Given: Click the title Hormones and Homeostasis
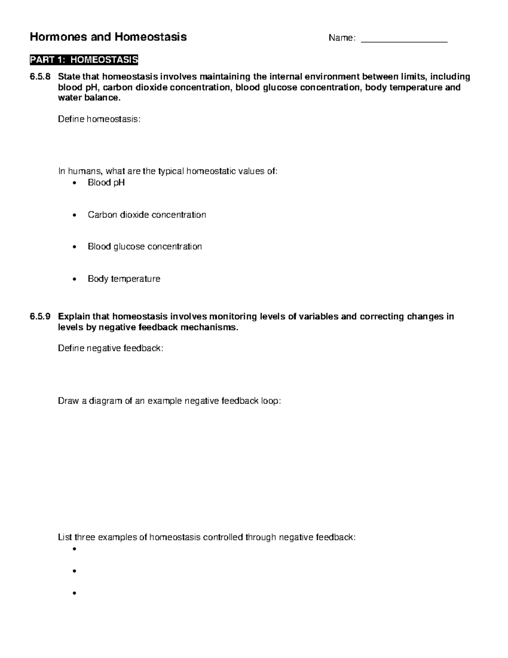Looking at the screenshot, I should [108, 37].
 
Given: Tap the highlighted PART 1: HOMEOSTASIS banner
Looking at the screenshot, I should [84, 60].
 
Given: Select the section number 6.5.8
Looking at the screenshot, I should [40, 77].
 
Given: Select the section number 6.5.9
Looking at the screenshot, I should [40, 317].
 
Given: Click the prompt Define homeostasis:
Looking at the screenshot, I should [99, 119].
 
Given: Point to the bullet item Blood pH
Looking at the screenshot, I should [106, 183].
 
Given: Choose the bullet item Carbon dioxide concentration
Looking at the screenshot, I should [146, 215].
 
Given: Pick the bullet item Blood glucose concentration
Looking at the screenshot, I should [144, 247].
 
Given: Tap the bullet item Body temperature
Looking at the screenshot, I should [124, 279].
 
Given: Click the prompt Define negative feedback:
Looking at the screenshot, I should [110, 348].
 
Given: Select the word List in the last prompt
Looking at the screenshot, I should [65, 537].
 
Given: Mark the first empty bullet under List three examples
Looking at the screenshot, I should [75, 549].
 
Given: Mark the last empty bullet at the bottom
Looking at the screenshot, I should [75, 593].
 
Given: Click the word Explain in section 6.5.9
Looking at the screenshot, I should [74, 317].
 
